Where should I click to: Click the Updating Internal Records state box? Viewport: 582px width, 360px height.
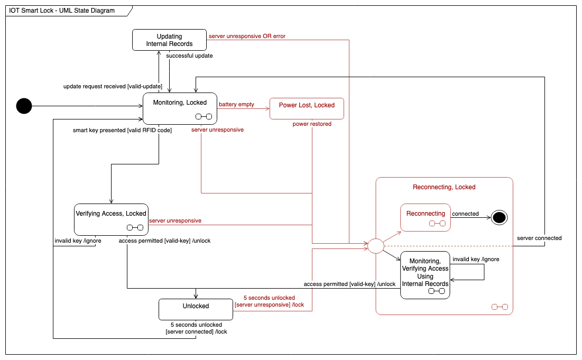point(169,40)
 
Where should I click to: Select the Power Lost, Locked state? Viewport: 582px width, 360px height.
point(307,108)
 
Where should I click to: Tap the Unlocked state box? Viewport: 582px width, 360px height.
point(196,309)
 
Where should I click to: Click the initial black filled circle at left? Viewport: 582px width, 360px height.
point(24,106)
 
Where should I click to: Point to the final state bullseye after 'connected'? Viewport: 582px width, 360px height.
point(498,217)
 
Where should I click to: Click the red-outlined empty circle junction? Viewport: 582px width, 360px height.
point(375,246)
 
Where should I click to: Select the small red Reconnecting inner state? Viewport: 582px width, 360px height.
point(426,217)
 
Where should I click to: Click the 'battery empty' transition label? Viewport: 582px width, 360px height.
point(236,104)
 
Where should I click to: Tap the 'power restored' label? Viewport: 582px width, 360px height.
point(312,124)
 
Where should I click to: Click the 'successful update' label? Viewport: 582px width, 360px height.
point(189,56)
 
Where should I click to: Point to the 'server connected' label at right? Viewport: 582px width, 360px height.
point(539,238)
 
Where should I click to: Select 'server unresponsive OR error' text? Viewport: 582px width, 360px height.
point(247,36)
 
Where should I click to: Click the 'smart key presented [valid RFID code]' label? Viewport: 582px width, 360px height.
point(122,130)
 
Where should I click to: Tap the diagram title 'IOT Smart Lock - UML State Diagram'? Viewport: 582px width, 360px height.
point(62,11)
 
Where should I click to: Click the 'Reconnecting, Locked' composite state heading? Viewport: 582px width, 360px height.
point(444,187)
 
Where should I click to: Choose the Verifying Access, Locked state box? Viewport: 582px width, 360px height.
point(110,219)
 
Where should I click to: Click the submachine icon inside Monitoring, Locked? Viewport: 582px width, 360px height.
point(204,117)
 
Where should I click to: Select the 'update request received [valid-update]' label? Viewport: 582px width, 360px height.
point(113,86)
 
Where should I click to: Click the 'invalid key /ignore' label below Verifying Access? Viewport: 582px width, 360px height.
point(78,241)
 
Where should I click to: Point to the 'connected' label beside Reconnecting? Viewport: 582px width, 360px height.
point(465,214)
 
